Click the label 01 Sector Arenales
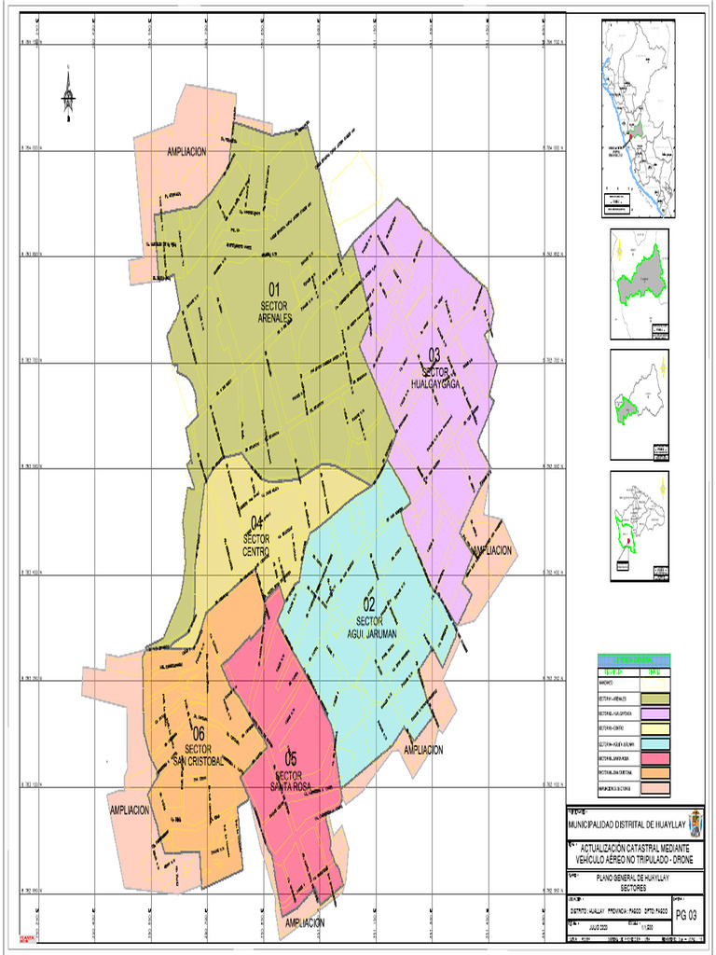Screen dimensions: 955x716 (x=275, y=302)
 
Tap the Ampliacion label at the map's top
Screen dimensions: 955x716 (x=186, y=151)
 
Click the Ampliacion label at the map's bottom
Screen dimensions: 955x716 (x=305, y=922)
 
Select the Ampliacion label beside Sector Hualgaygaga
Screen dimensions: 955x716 (x=491, y=551)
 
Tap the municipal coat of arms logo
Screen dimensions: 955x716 (x=695, y=824)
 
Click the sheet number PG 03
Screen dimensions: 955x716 (x=685, y=915)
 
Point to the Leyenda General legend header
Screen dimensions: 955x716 (x=633, y=661)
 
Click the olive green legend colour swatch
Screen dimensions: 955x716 (x=656, y=699)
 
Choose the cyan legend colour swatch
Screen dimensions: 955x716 (x=656, y=744)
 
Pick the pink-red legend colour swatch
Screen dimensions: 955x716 (x=656, y=758)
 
